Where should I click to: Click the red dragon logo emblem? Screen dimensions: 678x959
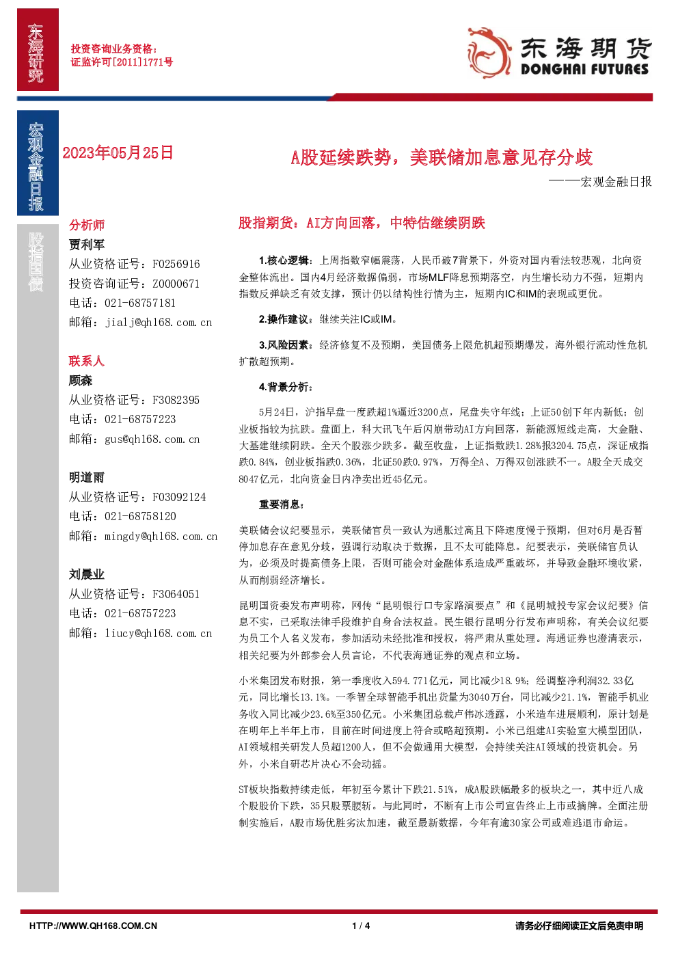click(489, 53)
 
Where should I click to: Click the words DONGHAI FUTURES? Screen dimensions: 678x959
click(584, 69)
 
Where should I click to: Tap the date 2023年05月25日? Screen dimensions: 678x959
click(118, 153)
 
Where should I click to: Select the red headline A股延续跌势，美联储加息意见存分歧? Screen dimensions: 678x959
click(442, 157)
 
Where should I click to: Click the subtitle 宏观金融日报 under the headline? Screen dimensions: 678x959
click(616, 182)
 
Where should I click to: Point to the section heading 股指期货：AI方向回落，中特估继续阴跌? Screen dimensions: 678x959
click(362, 223)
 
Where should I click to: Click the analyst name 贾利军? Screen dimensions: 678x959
click(87, 245)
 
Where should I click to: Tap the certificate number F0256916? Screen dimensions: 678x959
click(176, 264)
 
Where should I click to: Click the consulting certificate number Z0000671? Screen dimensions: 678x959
click(176, 284)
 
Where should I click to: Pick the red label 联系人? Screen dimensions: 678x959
click(87, 361)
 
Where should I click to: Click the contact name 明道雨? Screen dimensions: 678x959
click(87, 477)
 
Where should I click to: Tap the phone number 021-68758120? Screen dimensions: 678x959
click(140, 516)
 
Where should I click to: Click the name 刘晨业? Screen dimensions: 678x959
click(87, 575)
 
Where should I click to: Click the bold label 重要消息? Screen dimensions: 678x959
click(280, 504)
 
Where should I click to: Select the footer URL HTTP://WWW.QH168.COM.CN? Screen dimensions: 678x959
click(94, 926)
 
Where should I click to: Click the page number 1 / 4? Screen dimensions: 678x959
click(361, 926)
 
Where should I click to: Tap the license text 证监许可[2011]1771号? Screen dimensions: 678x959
click(122, 62)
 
